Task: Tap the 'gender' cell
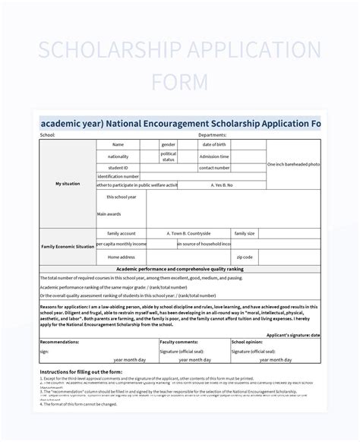(169, 144)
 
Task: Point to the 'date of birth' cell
(214, 144)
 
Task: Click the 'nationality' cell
(118, 156)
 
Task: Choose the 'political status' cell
(169, 156)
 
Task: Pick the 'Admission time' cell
(214, 156)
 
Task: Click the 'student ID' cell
(118, 167)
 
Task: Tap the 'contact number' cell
(214, 167)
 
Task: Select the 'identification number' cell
(118, 175)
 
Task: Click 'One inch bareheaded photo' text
(293, 164)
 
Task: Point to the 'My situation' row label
(68, 184)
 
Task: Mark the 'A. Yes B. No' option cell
(222, 185)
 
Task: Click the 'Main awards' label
(109, 214)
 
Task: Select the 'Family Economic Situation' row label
(68, 247)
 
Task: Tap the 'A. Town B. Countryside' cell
(188, 233)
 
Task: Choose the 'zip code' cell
(245, 257)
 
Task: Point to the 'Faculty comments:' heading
(179, 343)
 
